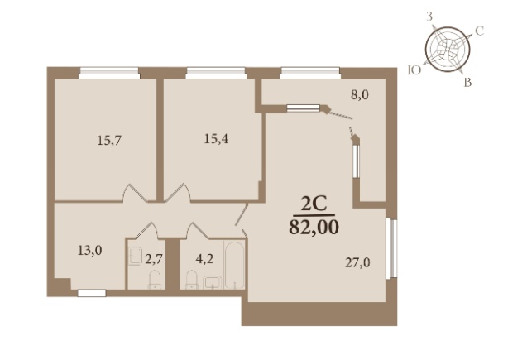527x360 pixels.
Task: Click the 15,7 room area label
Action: pyautogui.click(x=109, y=140)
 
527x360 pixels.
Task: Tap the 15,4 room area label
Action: pyautogui.click(x=216, y=138)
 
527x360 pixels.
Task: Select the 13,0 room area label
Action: pyautogui.click(x=90, y=251)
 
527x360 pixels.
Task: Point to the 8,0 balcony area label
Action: pyautogui.click(x=360, y=95)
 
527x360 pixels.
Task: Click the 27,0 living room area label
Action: pyautogui.click(x=357, y=262)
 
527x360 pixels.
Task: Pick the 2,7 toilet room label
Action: pyautogui.click(x=154, y=259)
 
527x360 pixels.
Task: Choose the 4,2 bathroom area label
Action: pyautogui.click(x=204, y=259)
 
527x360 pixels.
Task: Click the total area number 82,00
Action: pyautogui.click(x=314, y=228)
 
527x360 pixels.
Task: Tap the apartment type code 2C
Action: pyautogui.click(x=314, y=204)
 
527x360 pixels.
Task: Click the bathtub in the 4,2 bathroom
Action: pyautogui.click(x=234, y=265)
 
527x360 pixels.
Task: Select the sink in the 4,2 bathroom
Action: pyautogui.click(x=213, y=282)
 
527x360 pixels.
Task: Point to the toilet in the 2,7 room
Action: pyautogui.click(x=155, y=280)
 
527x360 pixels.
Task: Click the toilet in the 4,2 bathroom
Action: pyautogui.click(x=192, y=280)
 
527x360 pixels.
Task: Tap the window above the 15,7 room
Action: pyautogui.click(x=109, y=73)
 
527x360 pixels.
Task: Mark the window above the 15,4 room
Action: pyautogui.click(x=216, y=73)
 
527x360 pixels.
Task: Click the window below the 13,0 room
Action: pyautogui.click(x=92, y=294)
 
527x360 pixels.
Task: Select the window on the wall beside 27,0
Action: pyautogui.click(x=391, y=248)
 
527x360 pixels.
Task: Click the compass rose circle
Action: pyautogui.click(x=448, y=50)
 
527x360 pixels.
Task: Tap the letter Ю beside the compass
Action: pyautogui.click(x=414, y=70)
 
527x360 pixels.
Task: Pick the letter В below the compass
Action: pyautogui.click(x=468, y=83)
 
